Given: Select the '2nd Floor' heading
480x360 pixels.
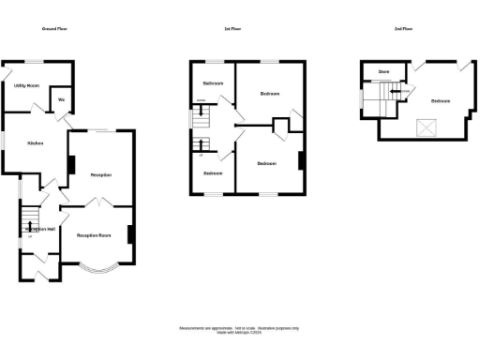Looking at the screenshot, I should point(405,30).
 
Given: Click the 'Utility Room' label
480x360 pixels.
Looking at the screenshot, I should point(26,85).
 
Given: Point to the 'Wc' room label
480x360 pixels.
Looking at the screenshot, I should point(61,99).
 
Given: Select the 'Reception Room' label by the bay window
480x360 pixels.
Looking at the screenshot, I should point(94,235).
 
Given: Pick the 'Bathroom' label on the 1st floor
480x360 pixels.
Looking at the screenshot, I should point(214,84).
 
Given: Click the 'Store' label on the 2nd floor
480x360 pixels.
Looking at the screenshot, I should point(383,71).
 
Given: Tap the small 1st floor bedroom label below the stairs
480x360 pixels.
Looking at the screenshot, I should point(214,173).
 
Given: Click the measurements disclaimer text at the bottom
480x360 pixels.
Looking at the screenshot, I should point(239,330).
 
